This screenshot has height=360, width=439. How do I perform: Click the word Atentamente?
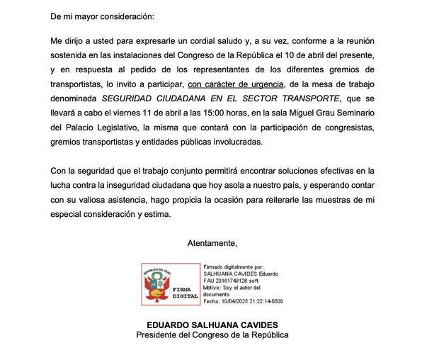pyautogui.click(x=212, y=243)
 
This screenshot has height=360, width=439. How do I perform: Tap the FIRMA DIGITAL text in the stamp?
pyautogui.click(x=178, y=292)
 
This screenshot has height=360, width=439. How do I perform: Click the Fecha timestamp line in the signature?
pyautogui.click(x=243, y=301)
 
